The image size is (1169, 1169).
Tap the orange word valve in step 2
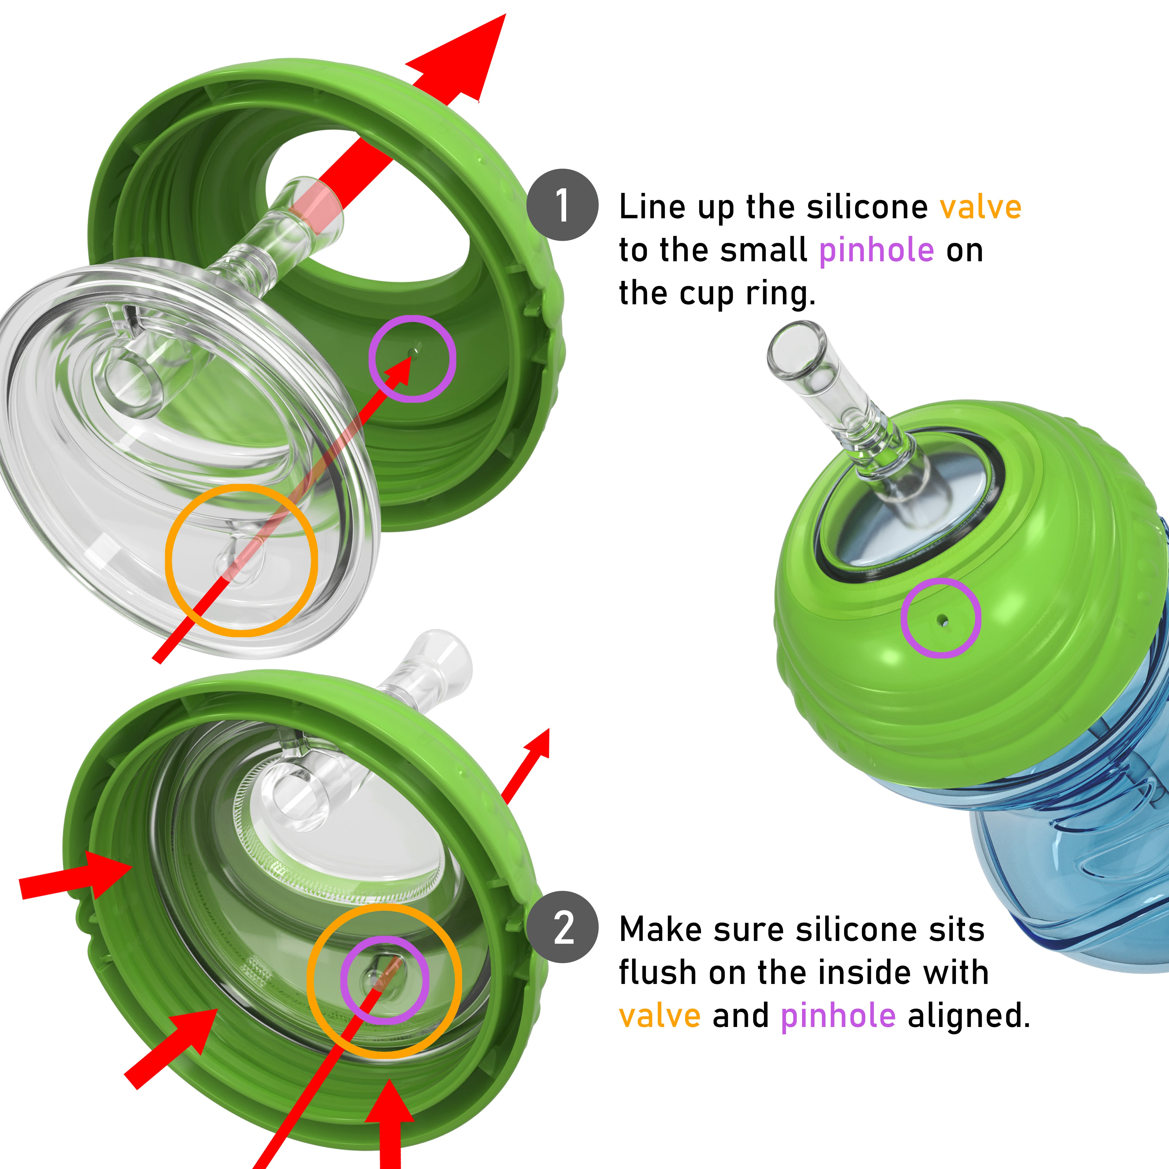click(x=660, y=1016)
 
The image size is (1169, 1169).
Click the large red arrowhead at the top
click(x=466, y=58)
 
